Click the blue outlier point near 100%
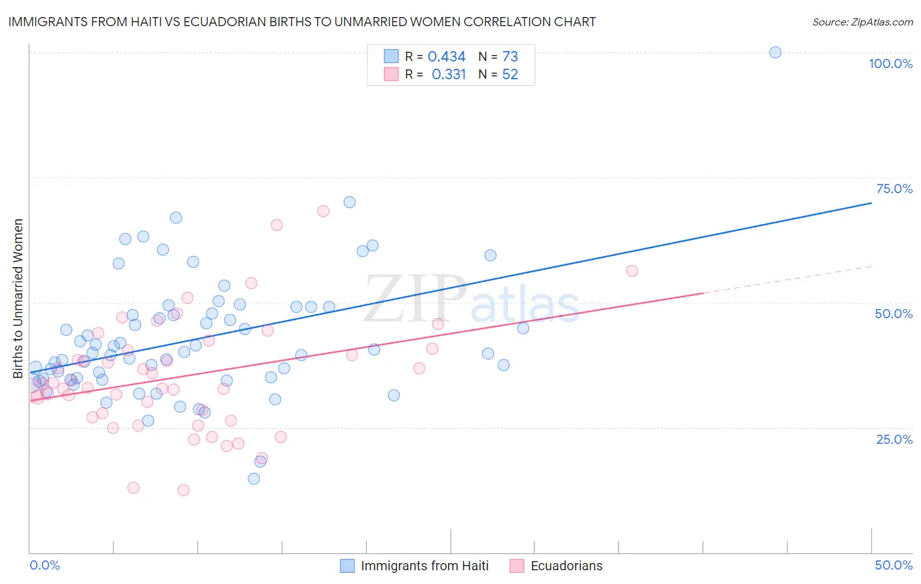click(775, 52)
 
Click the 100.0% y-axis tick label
click(890, 64)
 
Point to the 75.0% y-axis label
click(894, 189)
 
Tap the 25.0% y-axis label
click(894, 439)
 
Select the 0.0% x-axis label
click(45, 565)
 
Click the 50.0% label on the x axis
click(893, 565)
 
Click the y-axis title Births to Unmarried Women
click(18, 299)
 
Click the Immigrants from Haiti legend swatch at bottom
click(347, 566)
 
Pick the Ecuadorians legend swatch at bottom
click(517, 566)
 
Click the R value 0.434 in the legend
click(446, 57)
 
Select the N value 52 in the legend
click(510, 75)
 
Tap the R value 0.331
click(449, 75)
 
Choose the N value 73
click(510, 57)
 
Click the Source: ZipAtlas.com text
click(862, 22)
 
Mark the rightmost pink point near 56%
click(631, 271)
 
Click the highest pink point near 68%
click(323, 211)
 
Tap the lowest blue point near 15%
click(254, 479)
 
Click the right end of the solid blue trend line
click(871, 203)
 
